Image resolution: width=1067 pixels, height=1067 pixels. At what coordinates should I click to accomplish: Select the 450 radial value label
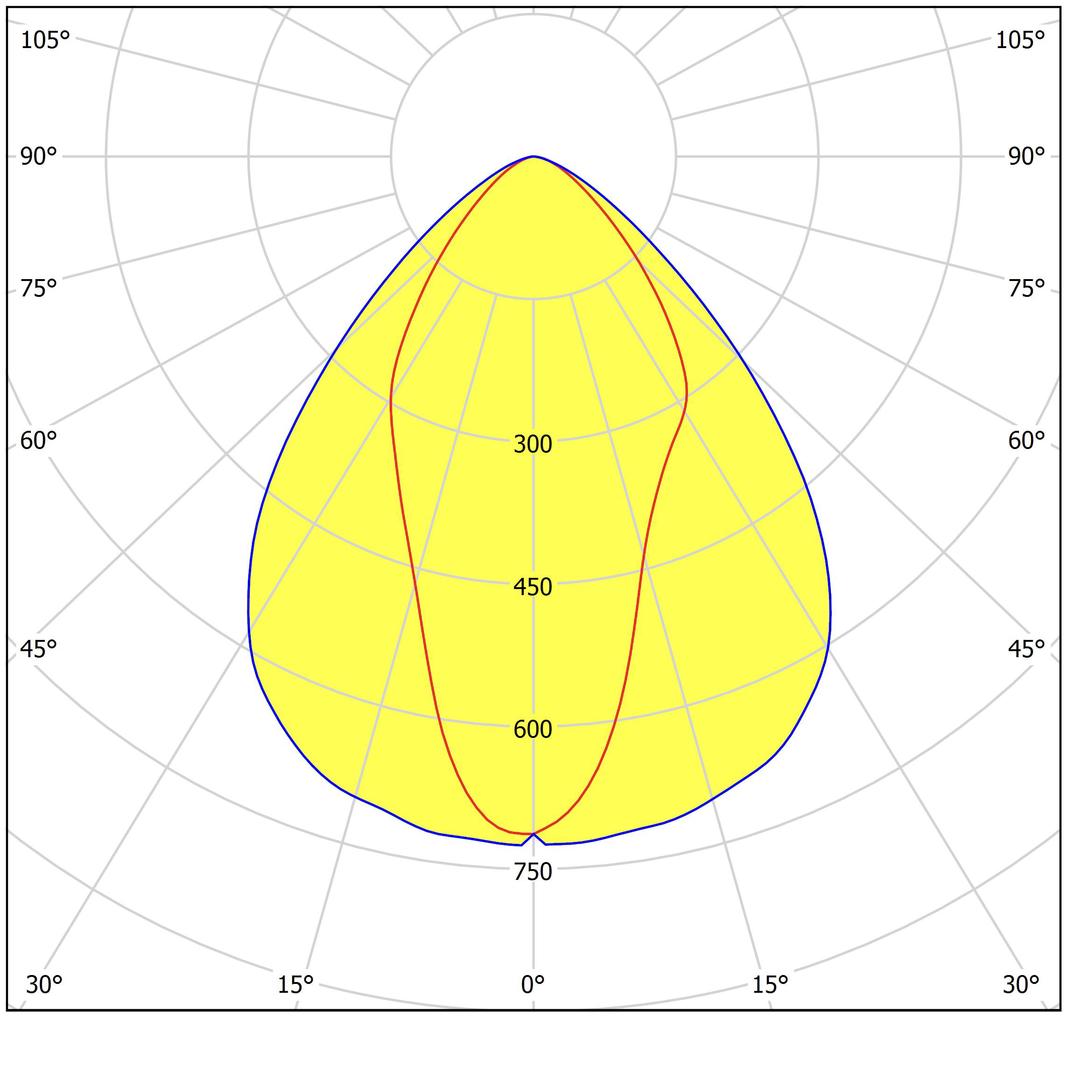coord(533,587)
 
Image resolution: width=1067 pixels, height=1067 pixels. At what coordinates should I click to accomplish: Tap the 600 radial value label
coord(533,730)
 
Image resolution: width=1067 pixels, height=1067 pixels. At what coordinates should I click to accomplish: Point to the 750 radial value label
coord(533,872)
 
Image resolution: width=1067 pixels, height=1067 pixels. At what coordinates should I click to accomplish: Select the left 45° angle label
coord(39,649)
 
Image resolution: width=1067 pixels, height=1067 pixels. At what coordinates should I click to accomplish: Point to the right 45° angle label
coord(1026,649)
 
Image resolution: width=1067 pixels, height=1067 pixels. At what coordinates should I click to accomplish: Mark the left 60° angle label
coord(39,441)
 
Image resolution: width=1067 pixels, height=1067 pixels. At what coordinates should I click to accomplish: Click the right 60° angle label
coord(1026,441)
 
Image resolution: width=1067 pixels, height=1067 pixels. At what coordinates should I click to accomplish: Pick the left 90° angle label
coord(39,157)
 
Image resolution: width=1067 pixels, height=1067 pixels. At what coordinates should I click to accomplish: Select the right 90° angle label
coord(1026,157)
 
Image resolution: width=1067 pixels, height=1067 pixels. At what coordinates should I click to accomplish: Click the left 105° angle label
coord(45,40)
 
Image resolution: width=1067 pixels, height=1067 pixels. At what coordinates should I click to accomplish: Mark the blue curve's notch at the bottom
coord(533,835)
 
